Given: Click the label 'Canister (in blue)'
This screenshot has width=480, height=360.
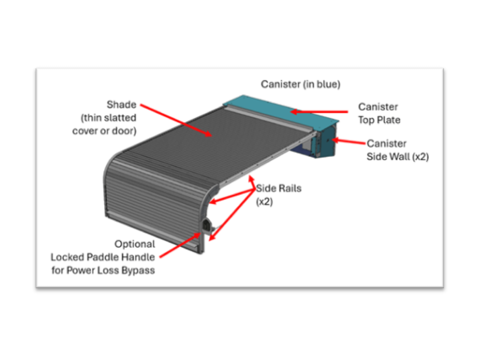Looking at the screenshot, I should coord(300,84).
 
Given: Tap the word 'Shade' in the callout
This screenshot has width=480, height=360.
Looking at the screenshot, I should coord(121,105).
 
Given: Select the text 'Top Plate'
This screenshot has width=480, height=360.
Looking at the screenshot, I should coord(379,120).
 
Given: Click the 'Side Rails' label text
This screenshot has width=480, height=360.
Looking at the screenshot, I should coord(279,188).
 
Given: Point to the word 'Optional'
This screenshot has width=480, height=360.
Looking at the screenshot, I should coord(135,244).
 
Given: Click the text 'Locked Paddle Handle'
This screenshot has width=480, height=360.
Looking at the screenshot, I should coord(103,257).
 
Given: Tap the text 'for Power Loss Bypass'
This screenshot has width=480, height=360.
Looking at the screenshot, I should coord(103,270).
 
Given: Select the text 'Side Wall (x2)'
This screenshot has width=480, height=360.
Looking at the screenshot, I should coord(397,157).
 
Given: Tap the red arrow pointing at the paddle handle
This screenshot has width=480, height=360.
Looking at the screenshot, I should coord(180,246).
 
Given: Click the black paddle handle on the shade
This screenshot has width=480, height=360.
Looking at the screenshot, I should coord(206,225).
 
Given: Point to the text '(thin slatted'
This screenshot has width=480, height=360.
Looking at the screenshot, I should coord(108,118).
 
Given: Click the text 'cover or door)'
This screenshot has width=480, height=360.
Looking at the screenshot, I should coord(104,131).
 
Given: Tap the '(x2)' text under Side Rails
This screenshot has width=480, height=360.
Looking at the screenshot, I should coord(264,202).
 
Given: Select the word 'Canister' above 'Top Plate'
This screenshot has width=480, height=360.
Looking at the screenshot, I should coord(378,107).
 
